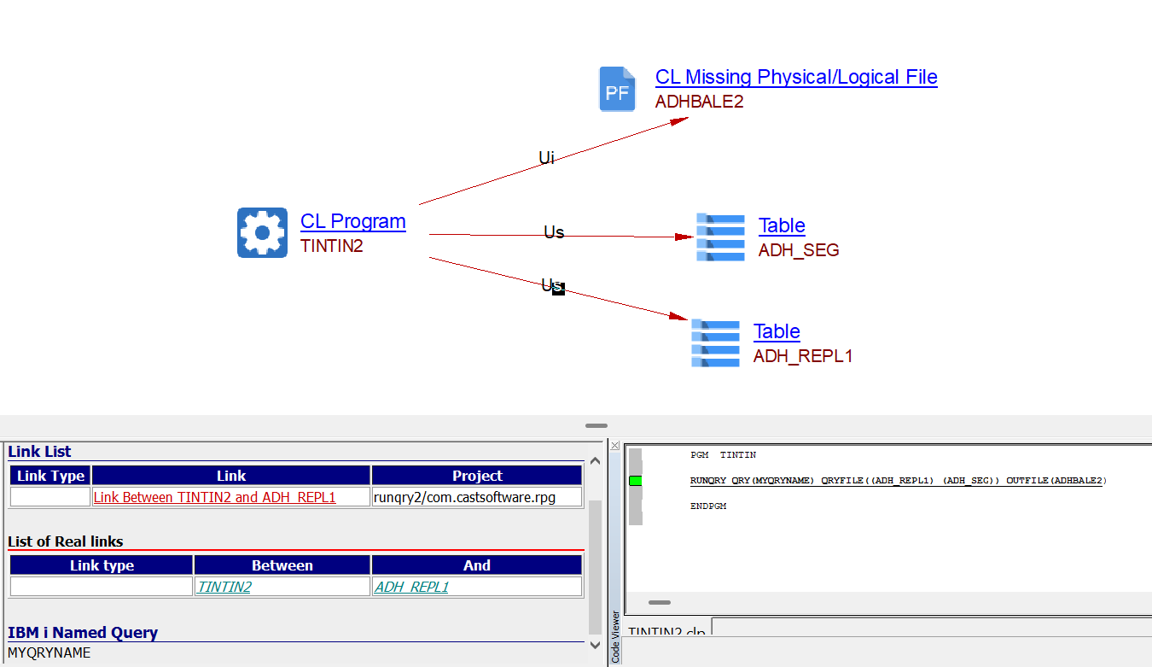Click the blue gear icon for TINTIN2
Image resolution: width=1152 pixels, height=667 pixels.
pyautogui.click(x=262, y=232)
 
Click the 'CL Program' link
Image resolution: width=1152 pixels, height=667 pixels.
pyautogui.click(x=352, y=221)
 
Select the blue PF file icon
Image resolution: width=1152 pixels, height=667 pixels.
pyautogui.click(x=617, y=89)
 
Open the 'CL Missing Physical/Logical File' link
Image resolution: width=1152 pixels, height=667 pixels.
pyautogui.click(x=795, y=77)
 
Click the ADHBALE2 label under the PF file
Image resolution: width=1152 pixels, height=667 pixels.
pyautogui.click(x=699, y=102)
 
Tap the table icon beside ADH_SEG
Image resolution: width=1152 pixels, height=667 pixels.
pyautogui.click(x=720, y=237)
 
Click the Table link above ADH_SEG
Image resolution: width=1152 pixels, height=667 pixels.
pyautogui.click(x=781, y=225)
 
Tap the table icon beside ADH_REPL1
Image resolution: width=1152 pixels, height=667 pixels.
pyautogui.click(x=715, y=342)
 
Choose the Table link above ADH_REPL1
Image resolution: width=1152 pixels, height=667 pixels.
pyautogui.click(x=776, y=331)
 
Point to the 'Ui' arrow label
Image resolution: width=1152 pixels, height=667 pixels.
pyautogui.click(x=546, y=158)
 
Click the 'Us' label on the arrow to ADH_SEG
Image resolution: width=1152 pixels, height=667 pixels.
pyautogui.click(x=554, y=232)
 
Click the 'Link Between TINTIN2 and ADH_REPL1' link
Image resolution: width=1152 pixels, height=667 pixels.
pyautogui.click(x=214, y=497)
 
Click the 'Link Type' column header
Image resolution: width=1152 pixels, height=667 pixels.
pyautogui.click(x=50, y=476)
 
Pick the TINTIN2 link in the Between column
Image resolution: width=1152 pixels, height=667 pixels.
pyautogui.click(x=224, y=587)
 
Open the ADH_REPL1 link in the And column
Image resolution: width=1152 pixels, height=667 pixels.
pyautogui.click(x=411, y=587)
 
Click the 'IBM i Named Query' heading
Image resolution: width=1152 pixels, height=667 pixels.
pyautogui.click(x=83, y=633)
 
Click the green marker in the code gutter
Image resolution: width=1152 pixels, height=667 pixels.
pyautogui.click(x=635, y=481)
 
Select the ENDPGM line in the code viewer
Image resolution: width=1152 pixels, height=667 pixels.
pyautogui.click(x=707, y=506)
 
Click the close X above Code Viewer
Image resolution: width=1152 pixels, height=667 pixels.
pyautogui.click(x=615, y=446)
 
